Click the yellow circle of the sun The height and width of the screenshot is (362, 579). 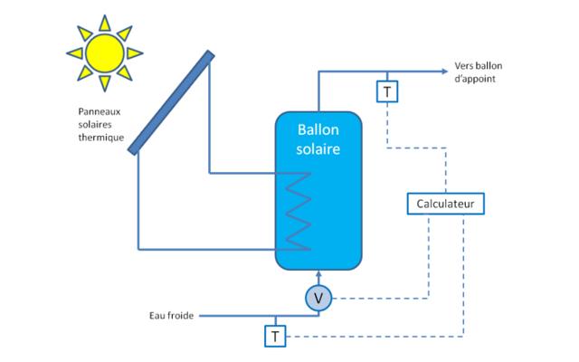click(104, 52)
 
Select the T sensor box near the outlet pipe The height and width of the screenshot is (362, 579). click(386, 91)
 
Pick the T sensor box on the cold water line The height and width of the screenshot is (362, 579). click(274, 337)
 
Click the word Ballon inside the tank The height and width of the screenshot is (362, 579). click(318, 132)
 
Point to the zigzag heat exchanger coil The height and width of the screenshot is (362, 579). click(299, 213)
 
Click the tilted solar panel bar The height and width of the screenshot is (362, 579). click(171, 102)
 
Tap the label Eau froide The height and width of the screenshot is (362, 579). click(172, 316)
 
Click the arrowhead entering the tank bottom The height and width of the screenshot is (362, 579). click(318, 275)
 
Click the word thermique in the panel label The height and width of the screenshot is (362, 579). click(100, 138)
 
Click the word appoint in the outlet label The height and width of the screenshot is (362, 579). click(476, 81)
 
